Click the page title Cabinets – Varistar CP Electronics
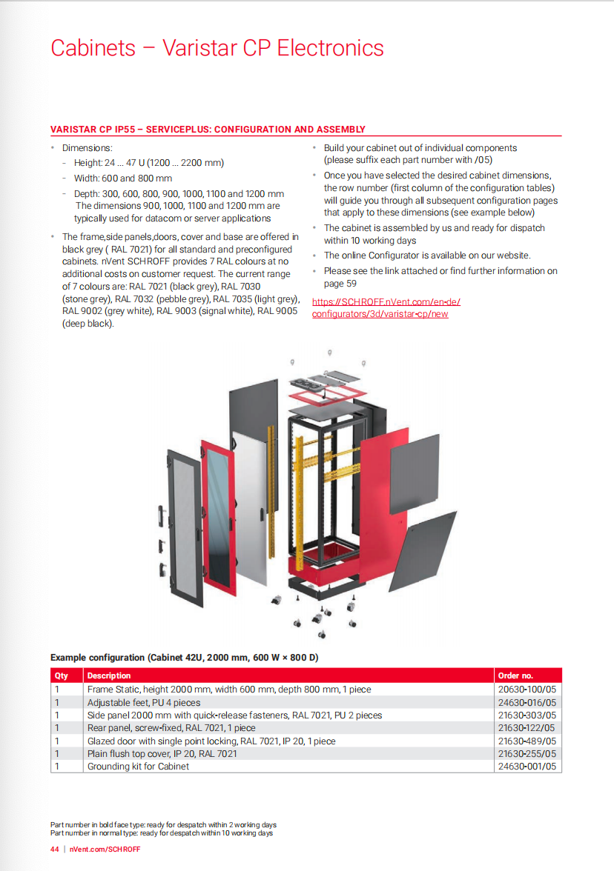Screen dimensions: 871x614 tap(217, 48)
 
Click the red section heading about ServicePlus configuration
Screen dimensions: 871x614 tap(208, 129)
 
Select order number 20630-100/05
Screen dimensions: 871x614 tap(526, 689)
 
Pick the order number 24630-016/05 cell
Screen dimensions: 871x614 tap(526, 702)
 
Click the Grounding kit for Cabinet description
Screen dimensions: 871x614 tap(138, 767)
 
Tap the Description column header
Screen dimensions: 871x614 tap(109, 675)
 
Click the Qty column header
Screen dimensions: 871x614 tap(61, 675)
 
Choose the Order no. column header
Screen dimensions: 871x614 tap(516, 675)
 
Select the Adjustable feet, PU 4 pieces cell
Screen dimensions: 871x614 tap(144, 702)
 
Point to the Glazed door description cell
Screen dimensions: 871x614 tap(211, 741)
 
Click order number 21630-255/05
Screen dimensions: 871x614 tap(526, 753)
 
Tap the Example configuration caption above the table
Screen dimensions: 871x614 tap(184, 657)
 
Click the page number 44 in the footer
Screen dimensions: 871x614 tap(55, 849)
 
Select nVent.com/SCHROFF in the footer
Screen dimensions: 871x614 tap(105, 849)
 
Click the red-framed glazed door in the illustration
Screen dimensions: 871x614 tap(218, 512)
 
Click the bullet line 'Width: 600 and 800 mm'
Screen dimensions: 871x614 tap(122, 178)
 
